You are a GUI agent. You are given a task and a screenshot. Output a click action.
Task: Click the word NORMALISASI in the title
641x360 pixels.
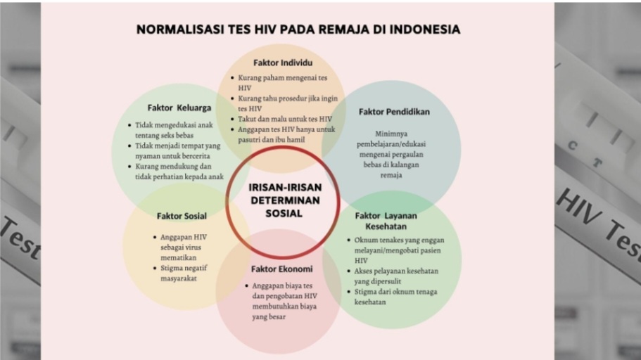tap(180, 30)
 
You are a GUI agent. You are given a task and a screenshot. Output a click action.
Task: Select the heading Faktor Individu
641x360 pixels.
tap(283, 63)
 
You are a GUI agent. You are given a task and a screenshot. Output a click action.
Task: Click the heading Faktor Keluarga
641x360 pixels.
tap(179, 108)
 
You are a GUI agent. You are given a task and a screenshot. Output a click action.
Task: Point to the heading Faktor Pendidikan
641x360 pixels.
tap(394, 112)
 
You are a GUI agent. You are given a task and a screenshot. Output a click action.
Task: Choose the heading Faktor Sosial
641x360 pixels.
tap(182, 216)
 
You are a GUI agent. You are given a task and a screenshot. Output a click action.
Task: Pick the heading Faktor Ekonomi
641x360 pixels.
tap(281, 269)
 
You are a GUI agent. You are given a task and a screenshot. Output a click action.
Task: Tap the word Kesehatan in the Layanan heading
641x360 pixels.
tap(386, 226)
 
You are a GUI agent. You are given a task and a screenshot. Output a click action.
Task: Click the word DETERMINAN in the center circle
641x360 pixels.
tap(285, 200)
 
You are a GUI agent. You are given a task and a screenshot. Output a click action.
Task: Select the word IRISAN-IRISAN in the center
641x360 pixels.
tap(285, 188)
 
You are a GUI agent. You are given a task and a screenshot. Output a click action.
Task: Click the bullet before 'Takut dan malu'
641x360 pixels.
tap(232, 119)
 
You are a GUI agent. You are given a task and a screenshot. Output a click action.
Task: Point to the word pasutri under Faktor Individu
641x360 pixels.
tap(248, 140)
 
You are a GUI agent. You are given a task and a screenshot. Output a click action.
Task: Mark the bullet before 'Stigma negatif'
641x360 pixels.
tap(155, 268)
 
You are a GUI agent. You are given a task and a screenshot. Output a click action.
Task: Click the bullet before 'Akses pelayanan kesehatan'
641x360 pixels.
tap(349, 271)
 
